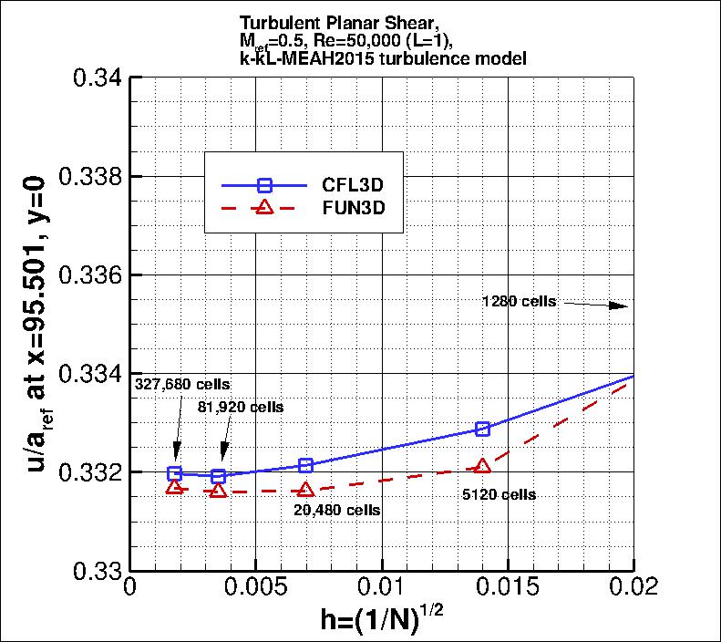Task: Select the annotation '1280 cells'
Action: tap(519, 301)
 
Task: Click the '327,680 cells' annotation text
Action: tap(182, 385)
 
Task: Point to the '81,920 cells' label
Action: tap(241, 408)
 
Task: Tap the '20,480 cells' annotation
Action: tap(337, 510)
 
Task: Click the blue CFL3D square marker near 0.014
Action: tap(482, 429)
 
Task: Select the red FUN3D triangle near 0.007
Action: tap(305, 490)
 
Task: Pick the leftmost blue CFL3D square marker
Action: tap(175, 473)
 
